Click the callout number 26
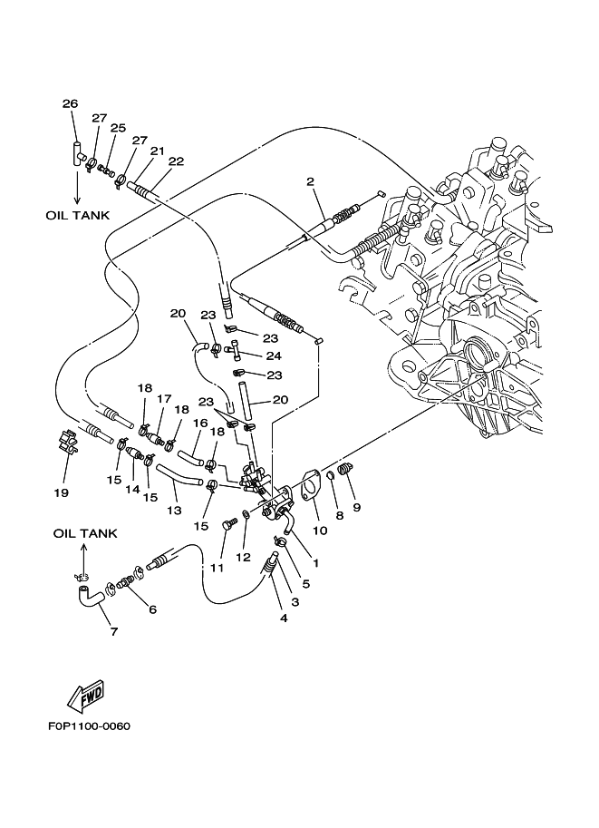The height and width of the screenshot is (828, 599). click(70, 103)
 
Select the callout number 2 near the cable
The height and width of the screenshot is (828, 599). click(310, 182)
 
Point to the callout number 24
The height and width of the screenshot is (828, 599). click(273, 356)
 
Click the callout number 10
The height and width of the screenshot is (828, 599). click(318, 529)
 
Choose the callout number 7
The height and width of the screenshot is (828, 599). click(114, 631)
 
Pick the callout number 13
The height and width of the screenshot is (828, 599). click(174, 511)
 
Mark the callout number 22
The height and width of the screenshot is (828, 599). click(176, 161)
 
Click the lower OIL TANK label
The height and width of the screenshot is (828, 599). click(84, 534)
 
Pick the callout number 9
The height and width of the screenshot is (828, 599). click(356, 507)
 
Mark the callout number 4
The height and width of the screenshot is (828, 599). click(284, 619)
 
